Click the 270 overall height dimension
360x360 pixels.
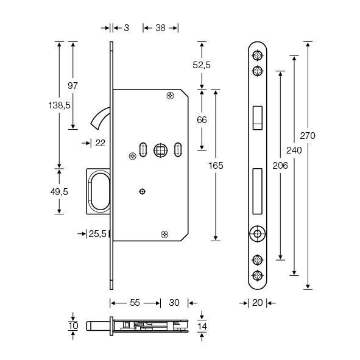pyautogui.click(x=308, y=136)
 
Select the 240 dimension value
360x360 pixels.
pyautogui.click(x=294, y=150)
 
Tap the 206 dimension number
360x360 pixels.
pyautogui.click(x=280, y=166)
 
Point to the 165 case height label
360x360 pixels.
pyautogui.click(x=216, y=166)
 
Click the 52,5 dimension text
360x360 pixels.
pyautogui.click(x=202, y=65)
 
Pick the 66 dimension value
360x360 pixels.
pyautogui.click(x=202, y=120)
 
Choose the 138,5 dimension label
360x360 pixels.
pyautogui.click(x=59, y=105)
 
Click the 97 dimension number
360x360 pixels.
pyautogui.click(x=72, y=86)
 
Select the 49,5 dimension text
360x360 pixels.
pyautogui.click(x=59, y=192)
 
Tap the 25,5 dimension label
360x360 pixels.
pyautogui.click(x=97, y=234)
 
